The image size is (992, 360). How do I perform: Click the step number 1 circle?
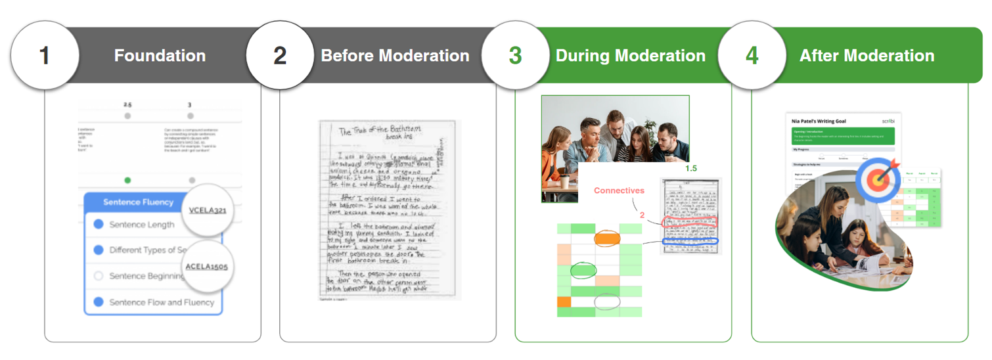tap(45, 56)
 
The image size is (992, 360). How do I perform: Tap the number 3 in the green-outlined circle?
tap(515, 56)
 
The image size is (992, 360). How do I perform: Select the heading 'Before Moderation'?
tap(395, 56)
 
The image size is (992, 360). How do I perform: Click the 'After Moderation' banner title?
tap(867, 56)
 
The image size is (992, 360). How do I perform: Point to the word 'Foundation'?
tap(160, 56)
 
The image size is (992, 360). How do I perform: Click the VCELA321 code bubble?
tap(208, 210)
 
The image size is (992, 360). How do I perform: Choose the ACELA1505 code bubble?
tap(206, 267)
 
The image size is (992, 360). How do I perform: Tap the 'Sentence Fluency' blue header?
tap(138, 202)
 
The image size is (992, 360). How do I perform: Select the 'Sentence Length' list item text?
tap(142, 225)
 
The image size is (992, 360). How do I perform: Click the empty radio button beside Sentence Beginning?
tap(99, 276)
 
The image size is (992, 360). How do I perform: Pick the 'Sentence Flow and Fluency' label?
tap(162, 302)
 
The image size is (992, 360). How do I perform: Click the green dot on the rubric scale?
tap(127, 180)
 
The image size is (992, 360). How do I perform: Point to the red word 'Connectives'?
tap(619, 191)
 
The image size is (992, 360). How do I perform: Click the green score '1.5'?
tap(690, 169)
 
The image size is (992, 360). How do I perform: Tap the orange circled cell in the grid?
tap(607, 238)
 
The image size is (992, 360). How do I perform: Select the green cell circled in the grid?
tap(582, 270)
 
